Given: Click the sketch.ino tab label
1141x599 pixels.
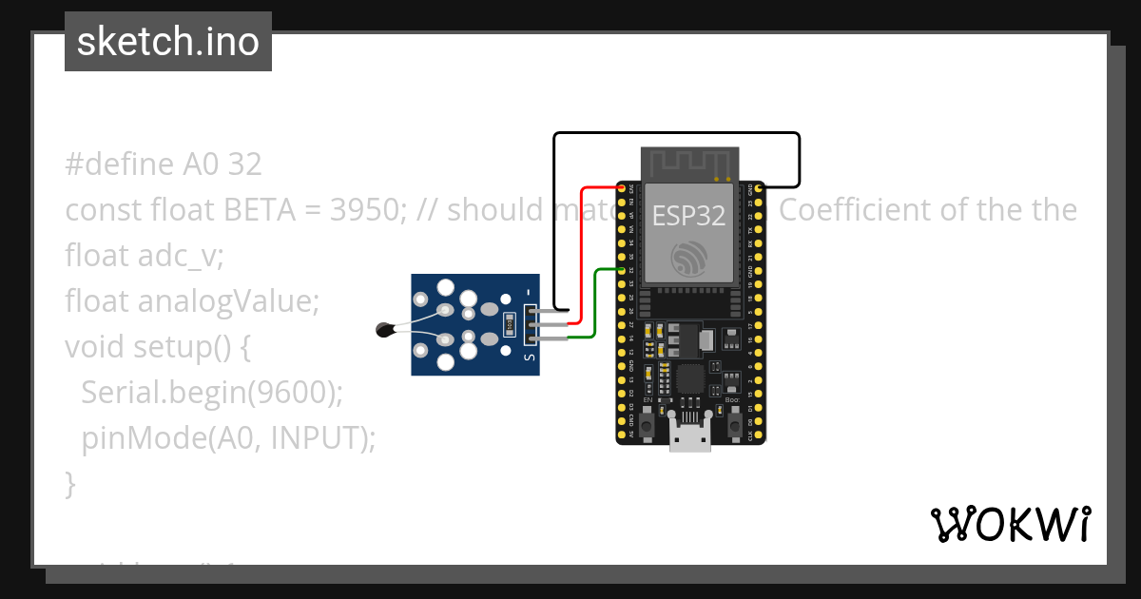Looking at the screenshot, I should (167, 42).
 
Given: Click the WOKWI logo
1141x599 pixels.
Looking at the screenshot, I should (1010, 524).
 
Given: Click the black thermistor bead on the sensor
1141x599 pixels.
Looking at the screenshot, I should (384, 330).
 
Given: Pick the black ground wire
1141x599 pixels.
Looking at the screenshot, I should (675, 134).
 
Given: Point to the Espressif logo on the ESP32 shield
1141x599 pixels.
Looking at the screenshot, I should (689, 259).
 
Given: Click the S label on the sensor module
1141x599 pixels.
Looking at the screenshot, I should (530, 358).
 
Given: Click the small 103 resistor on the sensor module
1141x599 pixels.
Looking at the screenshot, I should (511, 324).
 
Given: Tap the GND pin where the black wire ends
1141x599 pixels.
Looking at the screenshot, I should (759, 189).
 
